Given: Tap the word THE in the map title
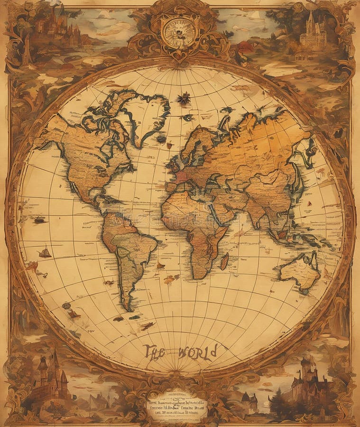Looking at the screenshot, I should coord(155,352).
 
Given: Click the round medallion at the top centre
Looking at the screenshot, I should coord(179,32).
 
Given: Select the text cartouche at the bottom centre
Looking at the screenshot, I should coord(177,406).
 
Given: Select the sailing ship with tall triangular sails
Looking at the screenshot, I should coord(45,252).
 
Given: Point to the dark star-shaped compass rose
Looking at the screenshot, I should coord(183,99).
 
